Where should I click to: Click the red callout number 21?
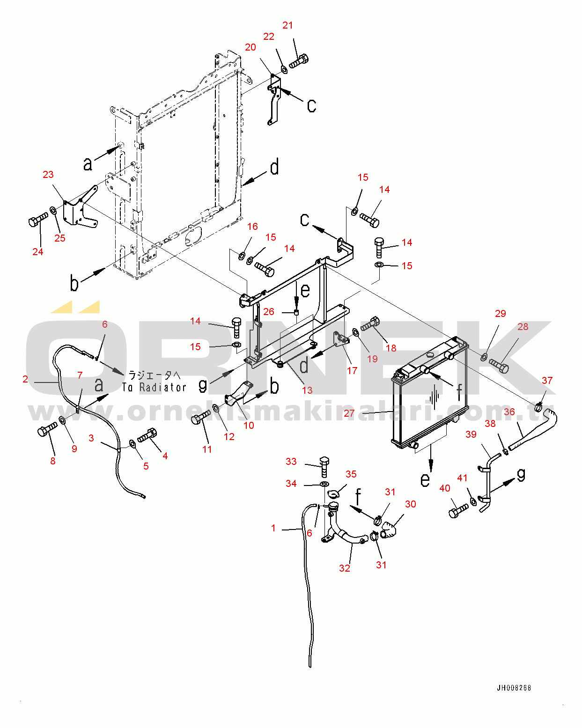[x=287, y=25]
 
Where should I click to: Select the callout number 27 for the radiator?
[x=349, y=413]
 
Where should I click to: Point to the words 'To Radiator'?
[x=155, y=387]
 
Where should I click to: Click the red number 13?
[x=307, y=390]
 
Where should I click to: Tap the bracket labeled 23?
[x=81, y=206]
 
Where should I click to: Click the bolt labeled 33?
[x=324, y=466]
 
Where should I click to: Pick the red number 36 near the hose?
[x=509, y=412]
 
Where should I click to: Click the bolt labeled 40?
[x=458, y=510]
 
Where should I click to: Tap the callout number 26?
[x=269, y=311]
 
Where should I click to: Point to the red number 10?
[x=249, y=425]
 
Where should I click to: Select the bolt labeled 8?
[x=47, y=429]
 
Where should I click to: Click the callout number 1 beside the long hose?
[x=273, y=528]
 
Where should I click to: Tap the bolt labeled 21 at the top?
[x=299, y=62]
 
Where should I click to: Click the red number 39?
[x=471, y=434]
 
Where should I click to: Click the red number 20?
[x=250, y=47]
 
